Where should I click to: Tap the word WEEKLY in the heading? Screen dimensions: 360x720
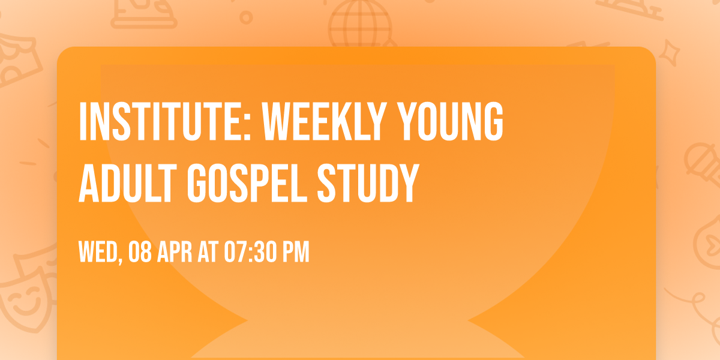308,122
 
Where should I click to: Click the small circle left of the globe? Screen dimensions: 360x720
245,17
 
